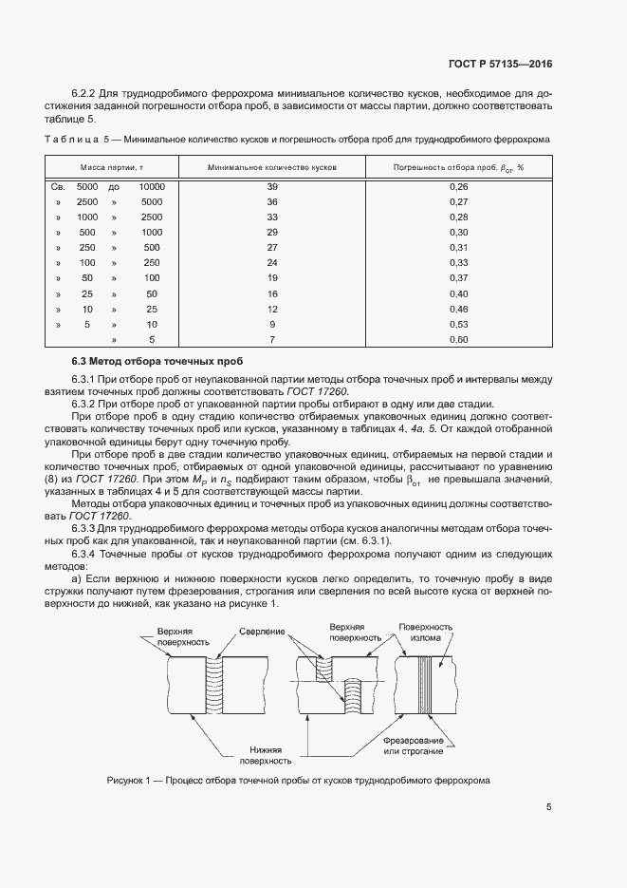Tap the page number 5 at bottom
pyautogui.click(x=549, y=808)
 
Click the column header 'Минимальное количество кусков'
pyautogui.click(x=271, y=167)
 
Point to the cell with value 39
pyautogui.click(x=272, y=187)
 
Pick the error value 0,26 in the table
pyautogui.click(x=459, y=187)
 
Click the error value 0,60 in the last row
pyautogui.click(x=459, y=339)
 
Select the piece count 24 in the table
pyautogui.click(x=272, y=263)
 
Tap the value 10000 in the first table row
pyautogui.click(x=152, y=187)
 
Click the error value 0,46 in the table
pyautogui.click(x=459, y=309)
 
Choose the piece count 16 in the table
pyautogui.click(x=272, y=293)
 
